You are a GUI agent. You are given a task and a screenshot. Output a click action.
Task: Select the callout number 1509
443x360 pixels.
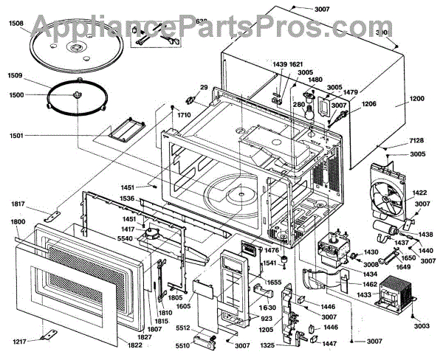click(x=16, y=75)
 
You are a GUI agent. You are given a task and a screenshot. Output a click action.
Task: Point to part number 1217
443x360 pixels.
click(x=19, y=340)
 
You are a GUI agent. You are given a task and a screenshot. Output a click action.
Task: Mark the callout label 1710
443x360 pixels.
click(x=183, y=116)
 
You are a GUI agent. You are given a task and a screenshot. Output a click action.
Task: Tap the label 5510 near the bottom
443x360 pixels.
click(x=182, y=344)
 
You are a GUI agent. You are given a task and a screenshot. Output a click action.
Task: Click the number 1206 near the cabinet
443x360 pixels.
click(x=369, y=104)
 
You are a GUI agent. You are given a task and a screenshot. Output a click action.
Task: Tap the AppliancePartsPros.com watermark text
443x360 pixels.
click(x=221, y=28)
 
